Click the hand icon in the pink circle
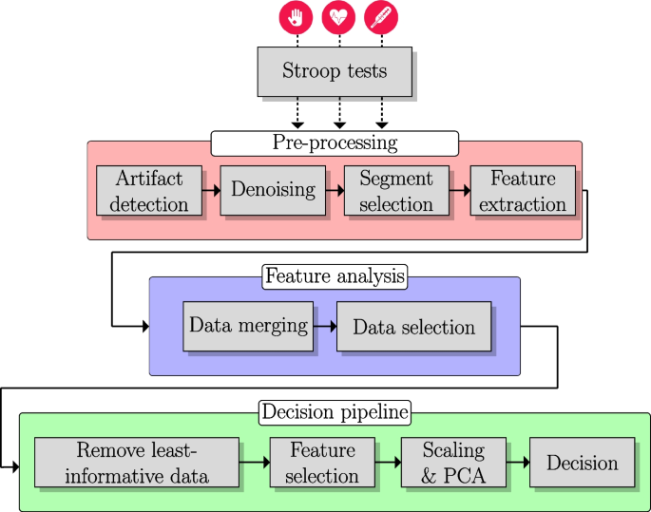pyautogui.click(x=297, y=17)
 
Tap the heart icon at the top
pyautogui.click(x=338, y=17)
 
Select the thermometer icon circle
pyautogui.click(x=381, y=17)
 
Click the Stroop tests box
pyautogui.click(x=335, y=71)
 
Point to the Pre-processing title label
pyautogui.click(x=335, y=143)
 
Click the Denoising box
pyautogui.click(x=273, y=189)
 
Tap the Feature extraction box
pyautogui.click(x=523, y=191)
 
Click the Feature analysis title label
pyautogui.click(x=335, y=276)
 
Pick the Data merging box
pyautogui.click(x=248, y=326)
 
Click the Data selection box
pyautogui.click(x=413, y=327)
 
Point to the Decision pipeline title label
pyautogui.click(x=335, y=412)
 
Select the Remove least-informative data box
pyautogui.click(x=135, y=463)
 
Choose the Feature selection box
pyautogui.click(x=322, y=463)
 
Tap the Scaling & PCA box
pyautogui.click(x=453, y=463)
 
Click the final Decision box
pyautogui.click(x=582, y=463)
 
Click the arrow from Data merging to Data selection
pyautogui.click(x=325, y=327)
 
